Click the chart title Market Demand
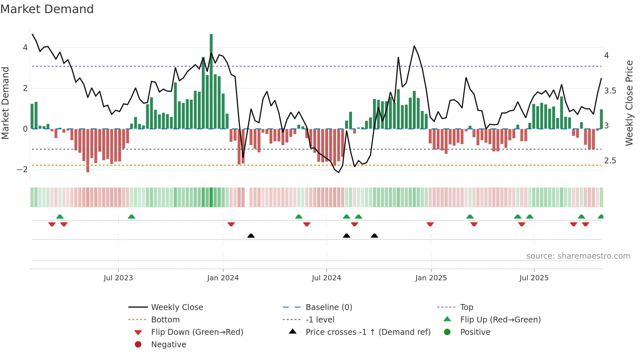(x=47, y=9)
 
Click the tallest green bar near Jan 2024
(x=211, y=82)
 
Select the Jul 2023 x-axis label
(x=118, y=278)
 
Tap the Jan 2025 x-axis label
(x=431, y=278)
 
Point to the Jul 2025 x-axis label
(x=534, y=278)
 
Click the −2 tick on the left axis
(x=23, y=170)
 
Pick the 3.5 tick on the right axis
(x=610, y=91)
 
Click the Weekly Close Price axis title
(x=629, y=103)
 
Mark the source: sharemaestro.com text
(x=578, y=256)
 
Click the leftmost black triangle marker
(x=251, y=236)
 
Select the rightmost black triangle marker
(x=375, y=236)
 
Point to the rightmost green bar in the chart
(x=601, y=119)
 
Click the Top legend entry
(x=467, y=307)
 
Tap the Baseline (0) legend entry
(x=329, y=307)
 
